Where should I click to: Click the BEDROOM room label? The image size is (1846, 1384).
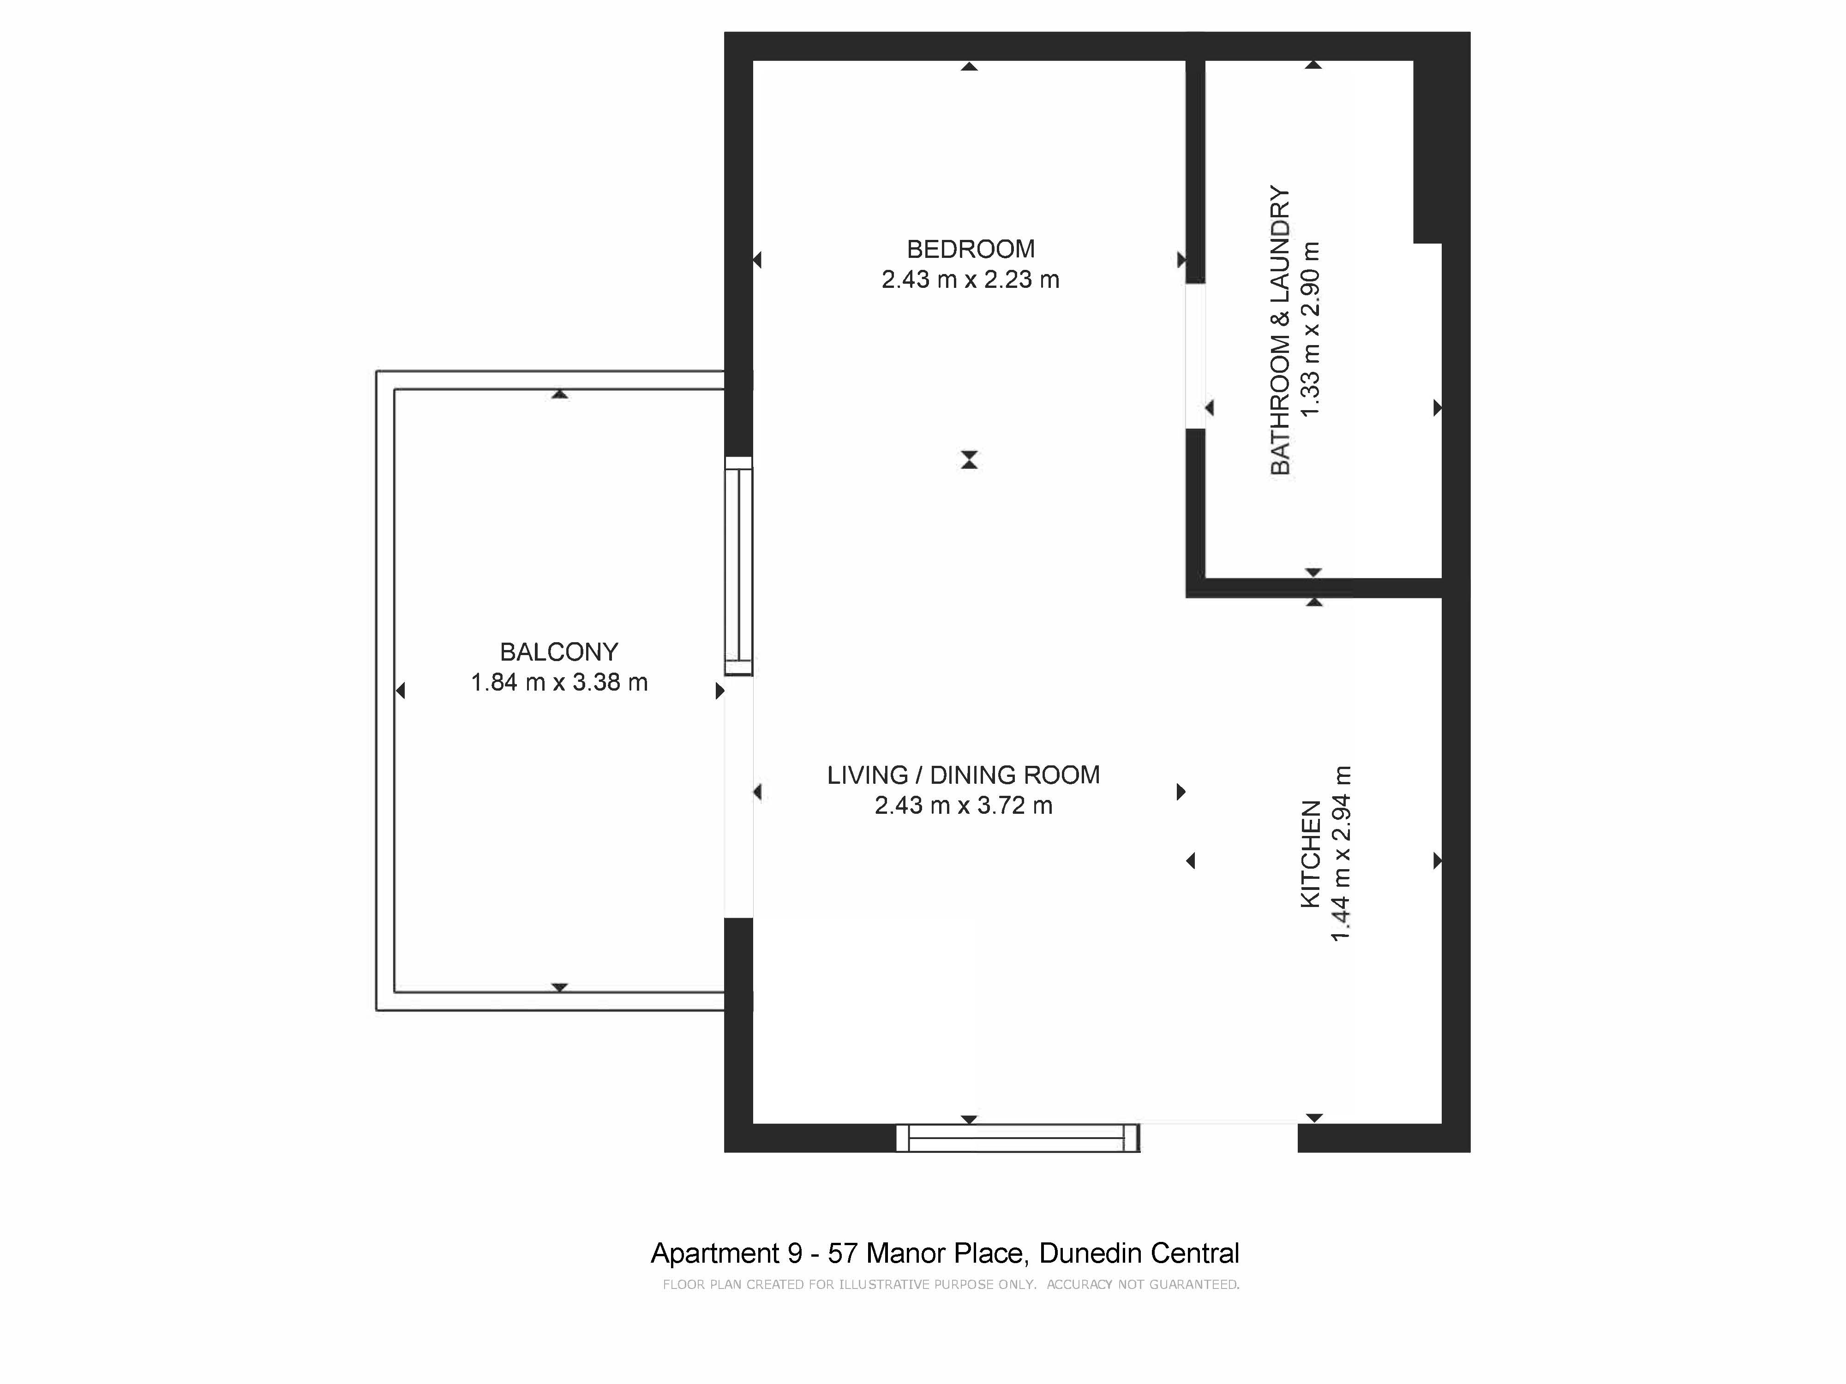[971, 249]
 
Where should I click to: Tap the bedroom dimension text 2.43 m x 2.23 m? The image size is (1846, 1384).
[971, 280]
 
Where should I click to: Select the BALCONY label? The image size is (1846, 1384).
[559, 651]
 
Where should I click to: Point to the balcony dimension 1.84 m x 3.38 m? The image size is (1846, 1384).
[559, 682]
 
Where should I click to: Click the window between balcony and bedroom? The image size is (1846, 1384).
[738, 566]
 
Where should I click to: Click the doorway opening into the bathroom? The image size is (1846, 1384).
[1195, 356]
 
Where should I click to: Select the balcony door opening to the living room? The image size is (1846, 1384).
[738, 797]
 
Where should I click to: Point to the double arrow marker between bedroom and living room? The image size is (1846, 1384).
[969, 459]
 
